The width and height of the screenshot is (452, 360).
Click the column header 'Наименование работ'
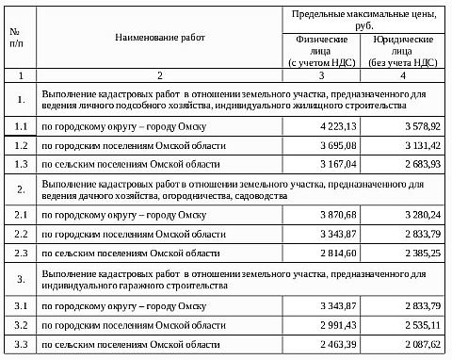tap(159, 37)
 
